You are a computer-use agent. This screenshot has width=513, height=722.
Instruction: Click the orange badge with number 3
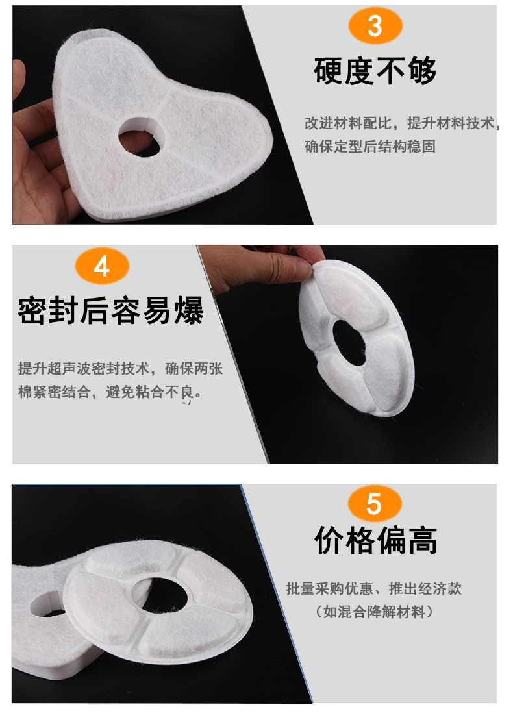click(375, 27)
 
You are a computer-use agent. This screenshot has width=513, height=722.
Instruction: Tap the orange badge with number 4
click(102, 266)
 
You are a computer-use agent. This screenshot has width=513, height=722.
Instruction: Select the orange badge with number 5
click(374, 504)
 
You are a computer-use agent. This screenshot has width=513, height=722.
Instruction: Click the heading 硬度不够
click(375, 71)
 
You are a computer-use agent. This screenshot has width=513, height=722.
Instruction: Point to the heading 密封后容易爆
click(110, 310)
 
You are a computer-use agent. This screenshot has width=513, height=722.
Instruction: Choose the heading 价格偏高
click(375, 541)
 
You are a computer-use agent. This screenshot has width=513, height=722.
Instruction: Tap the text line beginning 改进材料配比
click(401, 123)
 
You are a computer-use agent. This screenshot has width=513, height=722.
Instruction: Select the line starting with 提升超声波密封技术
click(120, 369)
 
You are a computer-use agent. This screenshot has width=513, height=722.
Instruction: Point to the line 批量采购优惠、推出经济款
click(374, 589)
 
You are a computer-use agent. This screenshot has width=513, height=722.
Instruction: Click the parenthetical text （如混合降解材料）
click(374, 612)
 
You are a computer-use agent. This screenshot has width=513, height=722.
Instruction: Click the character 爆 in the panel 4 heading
click(188, 310)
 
